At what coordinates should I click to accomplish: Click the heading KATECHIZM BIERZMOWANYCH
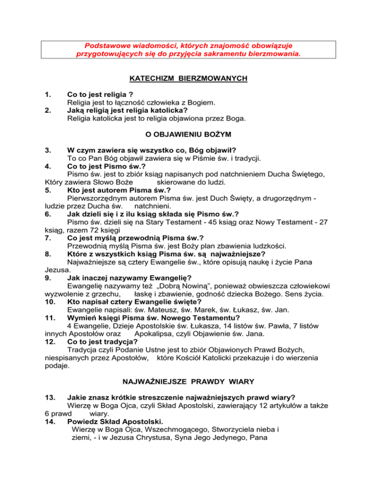tap(188, 78)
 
